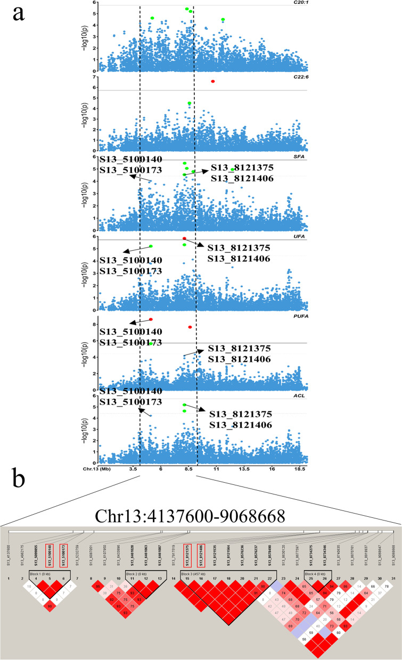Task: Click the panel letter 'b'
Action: (x=19, y=483)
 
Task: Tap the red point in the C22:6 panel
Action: (x=213, y=81)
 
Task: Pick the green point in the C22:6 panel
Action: (x=190, y=103)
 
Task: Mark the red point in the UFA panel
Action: (x=184, y=238)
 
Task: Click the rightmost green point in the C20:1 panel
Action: (x=223, y=20)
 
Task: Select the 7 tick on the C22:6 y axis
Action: (x=94, y=78)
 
